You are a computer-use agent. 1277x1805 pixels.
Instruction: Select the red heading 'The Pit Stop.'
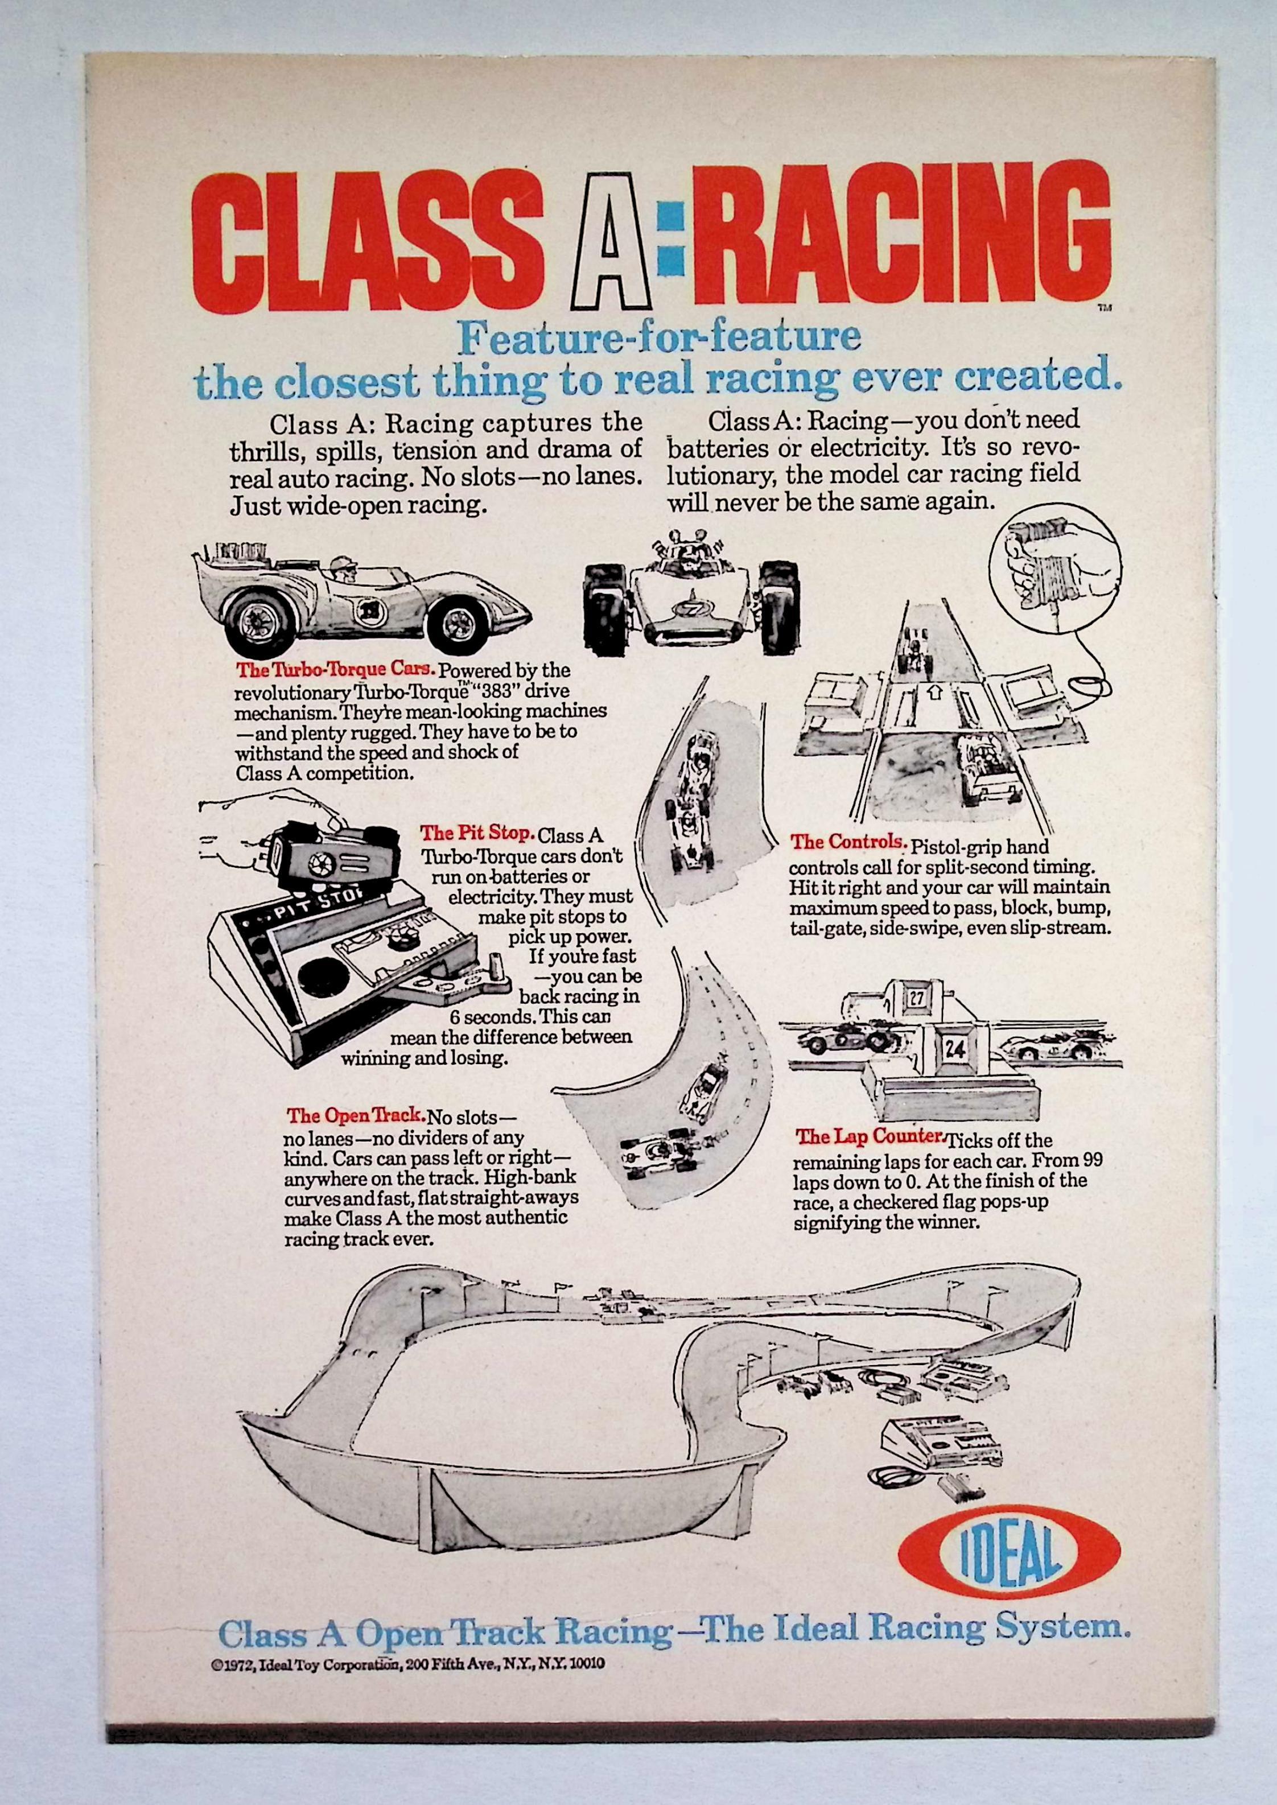(x=477, y=832)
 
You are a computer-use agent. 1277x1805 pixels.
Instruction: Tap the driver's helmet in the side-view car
(x=343, y=564)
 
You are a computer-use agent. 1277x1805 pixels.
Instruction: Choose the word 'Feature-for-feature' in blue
(x=659, y=337)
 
